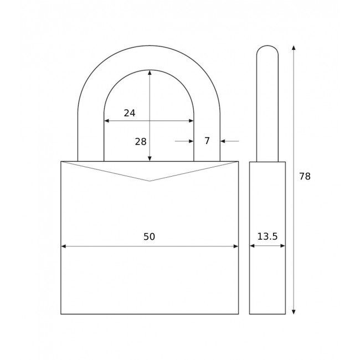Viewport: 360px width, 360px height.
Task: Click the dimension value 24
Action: (x=130, y=113)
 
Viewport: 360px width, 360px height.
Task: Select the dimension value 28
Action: (x=141, y=142)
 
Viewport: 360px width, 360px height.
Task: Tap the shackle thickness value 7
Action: (x=207, y=141)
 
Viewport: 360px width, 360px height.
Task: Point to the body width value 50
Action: (x=149, y=237)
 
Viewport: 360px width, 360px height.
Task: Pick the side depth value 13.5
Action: (x=267, y=237)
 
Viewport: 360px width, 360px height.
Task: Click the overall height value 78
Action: (x=305, y=177)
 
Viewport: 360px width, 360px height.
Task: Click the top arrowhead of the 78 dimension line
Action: (x=294, y=48)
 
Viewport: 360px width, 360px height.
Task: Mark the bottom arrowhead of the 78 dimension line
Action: (x=294, y=311)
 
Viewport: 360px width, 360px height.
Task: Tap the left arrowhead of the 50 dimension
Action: (x=64, y=246)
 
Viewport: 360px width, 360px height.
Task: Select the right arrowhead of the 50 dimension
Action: (x=235, y=246)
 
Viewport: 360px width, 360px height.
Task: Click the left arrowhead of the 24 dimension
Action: (x=107, y=121)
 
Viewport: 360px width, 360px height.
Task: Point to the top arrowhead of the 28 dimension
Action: (x=150, y=73)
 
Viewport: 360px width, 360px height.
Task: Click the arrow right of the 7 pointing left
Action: (x=223, y=141)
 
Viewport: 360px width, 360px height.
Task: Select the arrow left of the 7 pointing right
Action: (x=191, y=141)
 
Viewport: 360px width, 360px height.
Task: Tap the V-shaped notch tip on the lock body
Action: (x=150, y=181)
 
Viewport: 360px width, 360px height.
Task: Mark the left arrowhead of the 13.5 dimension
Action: (x=252, y=246)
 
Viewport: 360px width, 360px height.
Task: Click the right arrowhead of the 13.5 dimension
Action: (x=282, y=246)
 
